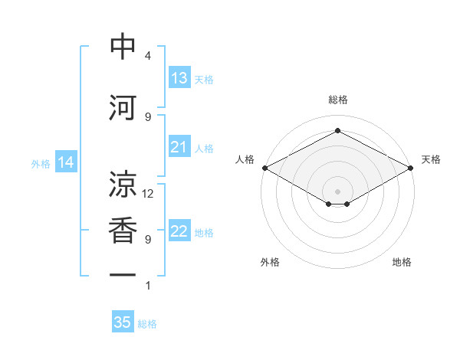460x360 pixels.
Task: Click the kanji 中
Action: point(123,46)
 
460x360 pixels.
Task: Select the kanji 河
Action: point(123,107)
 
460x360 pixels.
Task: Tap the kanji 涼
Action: point(123,184)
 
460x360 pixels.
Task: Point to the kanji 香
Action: point(123,230)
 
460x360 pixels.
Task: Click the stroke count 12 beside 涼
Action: point(147,194)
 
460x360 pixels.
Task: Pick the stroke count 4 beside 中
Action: point(148,56)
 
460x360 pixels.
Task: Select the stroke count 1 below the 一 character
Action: point(148,286)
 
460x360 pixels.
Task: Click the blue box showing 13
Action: point(179,77)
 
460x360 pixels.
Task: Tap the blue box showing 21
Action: point(179,146)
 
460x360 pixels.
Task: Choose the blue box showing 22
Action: point(179,230)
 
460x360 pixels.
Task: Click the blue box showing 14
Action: point(66,162)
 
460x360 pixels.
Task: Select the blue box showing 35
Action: point(123,321)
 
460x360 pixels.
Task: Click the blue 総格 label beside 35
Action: point(147,324)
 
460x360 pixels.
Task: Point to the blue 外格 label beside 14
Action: point(41,164)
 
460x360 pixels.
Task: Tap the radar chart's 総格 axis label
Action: point(338,100)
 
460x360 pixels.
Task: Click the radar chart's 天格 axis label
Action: point(431,159)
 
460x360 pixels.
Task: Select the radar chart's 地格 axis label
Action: point(402,262)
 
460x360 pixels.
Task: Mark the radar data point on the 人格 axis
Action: point(265,168)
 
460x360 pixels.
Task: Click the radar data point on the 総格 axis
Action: point(337,130)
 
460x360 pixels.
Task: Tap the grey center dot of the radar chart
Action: point(337,191)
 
